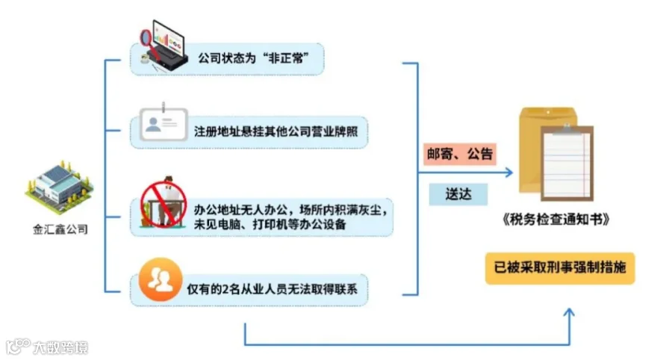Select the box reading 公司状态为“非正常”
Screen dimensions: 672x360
click(x=254, y=58)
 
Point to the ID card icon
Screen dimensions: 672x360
click(x=161, y=128)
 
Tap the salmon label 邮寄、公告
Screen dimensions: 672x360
click(x=458, y=155)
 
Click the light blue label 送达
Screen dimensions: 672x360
click(x=458, y=195)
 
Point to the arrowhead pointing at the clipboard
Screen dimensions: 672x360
click(x=508, y=173)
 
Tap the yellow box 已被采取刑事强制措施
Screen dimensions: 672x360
click(x=560, y=267)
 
